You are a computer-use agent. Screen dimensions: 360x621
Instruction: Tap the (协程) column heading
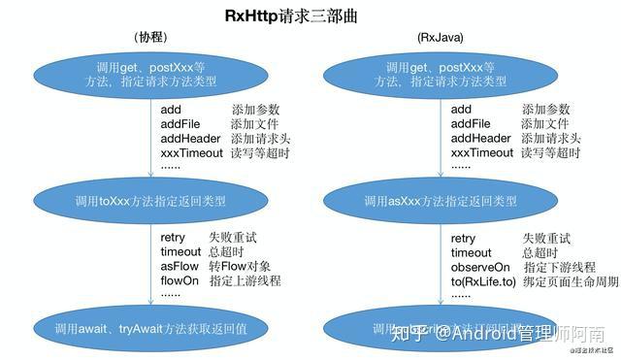pyautogui.click(x=151, y=37)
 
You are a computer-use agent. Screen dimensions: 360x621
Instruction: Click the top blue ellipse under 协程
pyautogui.click(x=150, y=75)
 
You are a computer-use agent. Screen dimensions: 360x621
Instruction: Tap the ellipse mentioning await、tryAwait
pyautogui.click(x=150, y=328)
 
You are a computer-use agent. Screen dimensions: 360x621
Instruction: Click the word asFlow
pyautogui.click(x=180, y=267)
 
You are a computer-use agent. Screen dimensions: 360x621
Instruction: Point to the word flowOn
pyautogui.click(x=180, y=280)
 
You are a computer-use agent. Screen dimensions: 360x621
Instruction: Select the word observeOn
pyautogui.click(x=480, y=267)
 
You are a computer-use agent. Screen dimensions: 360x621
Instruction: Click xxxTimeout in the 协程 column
pyautogui.click(x=193, y=153)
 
